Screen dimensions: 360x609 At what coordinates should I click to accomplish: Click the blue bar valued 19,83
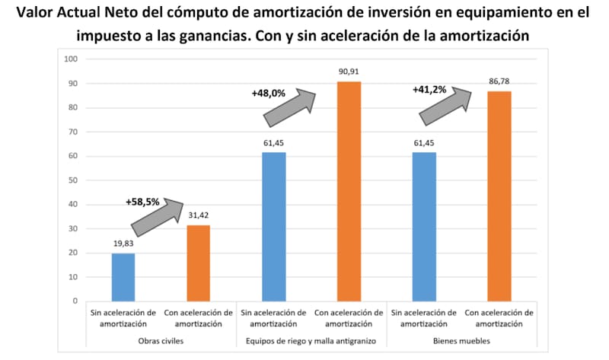click(123, 277)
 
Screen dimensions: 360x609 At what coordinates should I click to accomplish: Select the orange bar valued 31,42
click(198, 263)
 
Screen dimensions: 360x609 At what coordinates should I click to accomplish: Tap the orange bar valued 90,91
click(348, 190)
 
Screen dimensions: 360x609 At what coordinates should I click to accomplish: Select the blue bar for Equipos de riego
click(273, 226)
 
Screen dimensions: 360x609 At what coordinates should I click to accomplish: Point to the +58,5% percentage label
click(142, 202)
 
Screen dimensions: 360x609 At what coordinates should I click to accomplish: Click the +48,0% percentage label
click(268, 94)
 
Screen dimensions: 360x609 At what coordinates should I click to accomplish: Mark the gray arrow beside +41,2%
click(445, 104)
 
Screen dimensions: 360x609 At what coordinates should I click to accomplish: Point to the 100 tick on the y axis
click(71, 59)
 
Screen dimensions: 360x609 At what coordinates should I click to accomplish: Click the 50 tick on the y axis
click(72, 180)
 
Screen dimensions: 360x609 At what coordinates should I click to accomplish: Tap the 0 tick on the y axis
click(75, 301)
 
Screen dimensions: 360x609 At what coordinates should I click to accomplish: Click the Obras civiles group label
click(160, 340)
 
